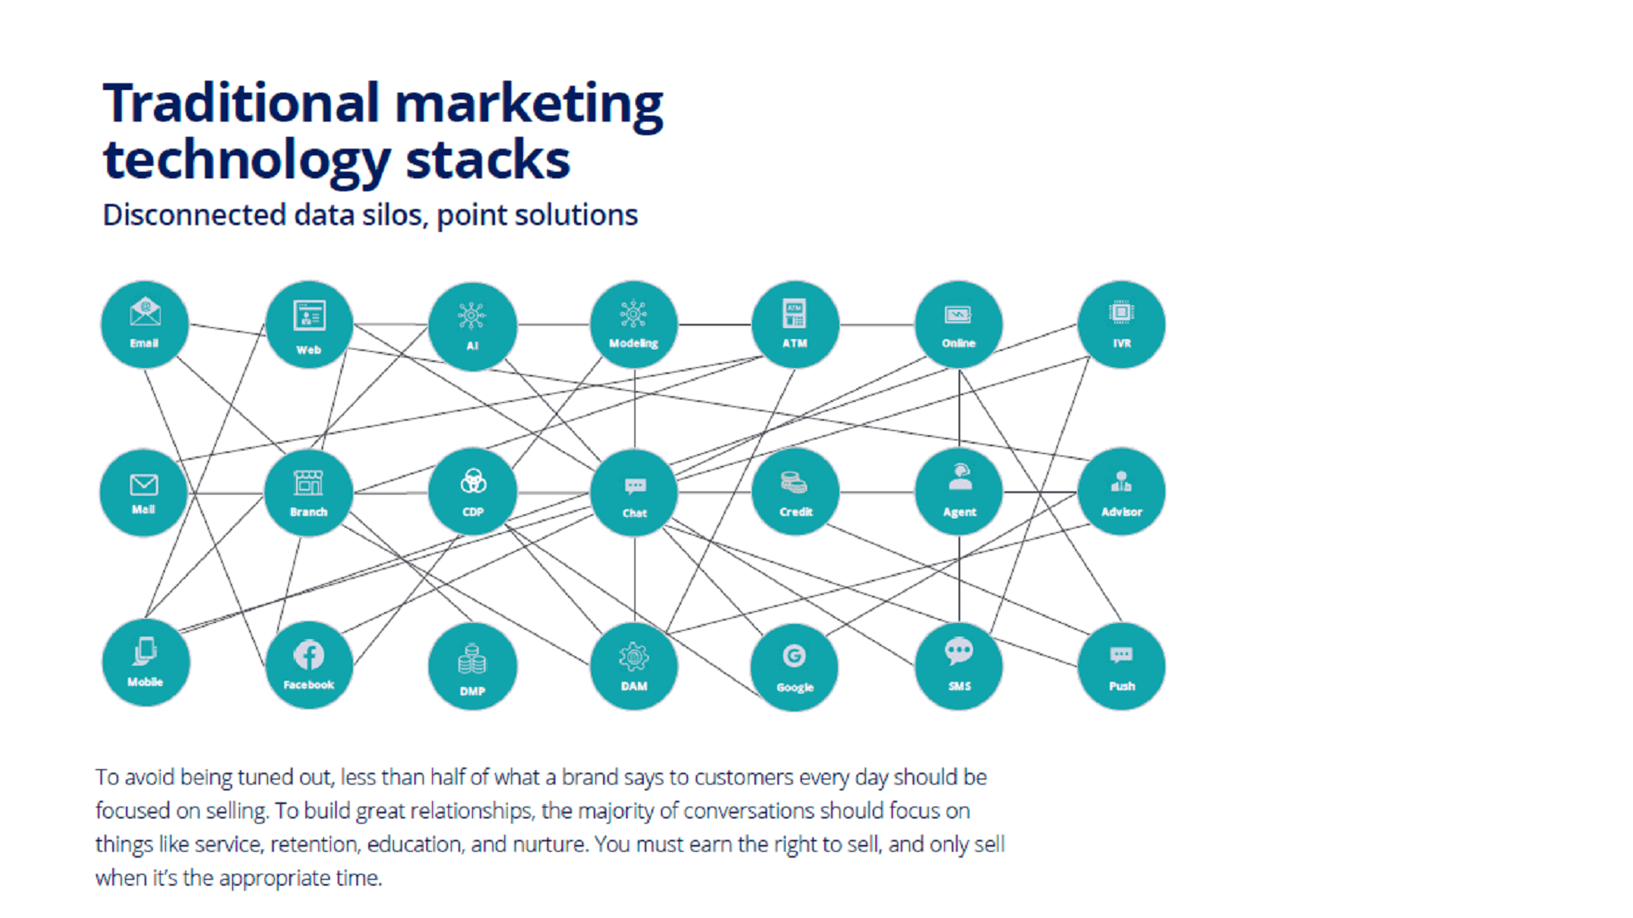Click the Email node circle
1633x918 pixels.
(x=145, y=325)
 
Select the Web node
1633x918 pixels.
(x=309, y=325)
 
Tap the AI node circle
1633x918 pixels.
(x=472, y=326)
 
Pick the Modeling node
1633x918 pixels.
(x=634, y=325)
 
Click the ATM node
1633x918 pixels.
(x=795, y=325)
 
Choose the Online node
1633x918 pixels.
(x=959, y=325)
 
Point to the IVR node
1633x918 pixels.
(x=1121, y=325)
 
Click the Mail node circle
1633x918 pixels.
(x=144, y=492)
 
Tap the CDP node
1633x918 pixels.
(x=472, y=492)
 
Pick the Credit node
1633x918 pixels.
(x=795, y=492)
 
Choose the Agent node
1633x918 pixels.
(x=959, y=492)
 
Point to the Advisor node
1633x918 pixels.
(x=1121, y=492)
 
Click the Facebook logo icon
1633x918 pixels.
(x=309, y=654)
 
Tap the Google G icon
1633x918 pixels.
(x=794, y=655)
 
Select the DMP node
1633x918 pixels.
(x=472, y=666)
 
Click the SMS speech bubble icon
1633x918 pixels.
(x=959, y=651)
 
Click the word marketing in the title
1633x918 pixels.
(x=528, y=104)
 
